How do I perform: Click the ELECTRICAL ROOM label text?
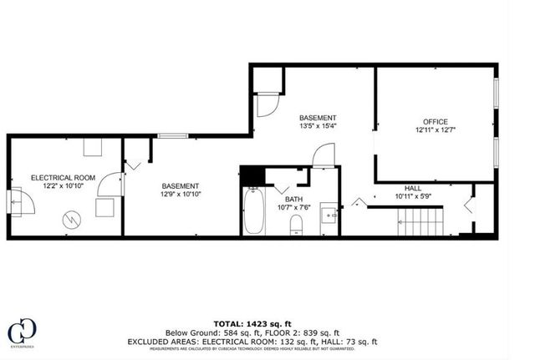coord(64,178)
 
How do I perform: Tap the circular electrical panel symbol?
coord(73,220)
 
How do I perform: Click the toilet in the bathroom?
coord(294,224)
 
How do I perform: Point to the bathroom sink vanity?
coord(331,215)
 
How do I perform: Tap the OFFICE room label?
coord(436,120)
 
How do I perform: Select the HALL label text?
coord(412,188)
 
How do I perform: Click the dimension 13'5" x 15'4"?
coord(318,127)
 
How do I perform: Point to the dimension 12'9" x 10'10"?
coord(180,194)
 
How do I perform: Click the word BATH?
coord(293,199)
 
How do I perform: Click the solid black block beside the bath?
coord(251,176)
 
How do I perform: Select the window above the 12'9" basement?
coord(172,135)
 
